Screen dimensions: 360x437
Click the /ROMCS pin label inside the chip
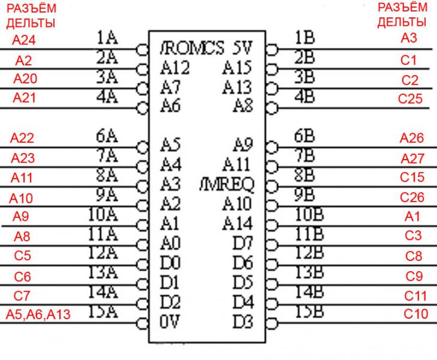point(192,48)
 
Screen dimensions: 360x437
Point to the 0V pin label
point(170,322)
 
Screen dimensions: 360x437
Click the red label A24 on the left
point(25,41)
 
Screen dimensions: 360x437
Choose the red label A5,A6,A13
point(38,314)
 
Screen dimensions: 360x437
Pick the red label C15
point(412,177)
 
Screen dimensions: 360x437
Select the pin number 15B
point(309,311)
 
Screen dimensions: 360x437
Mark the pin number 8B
point(305,175)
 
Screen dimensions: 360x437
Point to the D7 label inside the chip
point(243,244)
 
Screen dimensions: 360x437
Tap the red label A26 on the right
point(412,139)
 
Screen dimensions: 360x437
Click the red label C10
point(415,314)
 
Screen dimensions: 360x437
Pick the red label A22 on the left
point(23,138)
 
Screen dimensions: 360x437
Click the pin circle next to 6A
point(142,146)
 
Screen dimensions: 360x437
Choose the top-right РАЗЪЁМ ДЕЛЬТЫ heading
point(402,15)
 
